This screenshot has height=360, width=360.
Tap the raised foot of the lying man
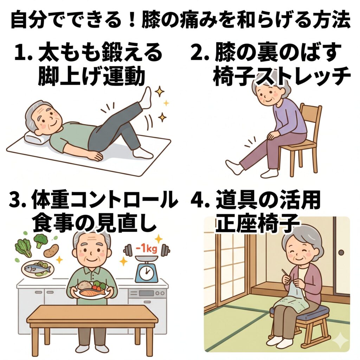click(x=146, y=98)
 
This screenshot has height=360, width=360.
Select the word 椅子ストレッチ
click(x=282, y=76)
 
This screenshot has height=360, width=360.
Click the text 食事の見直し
click(x=93, y=222)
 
